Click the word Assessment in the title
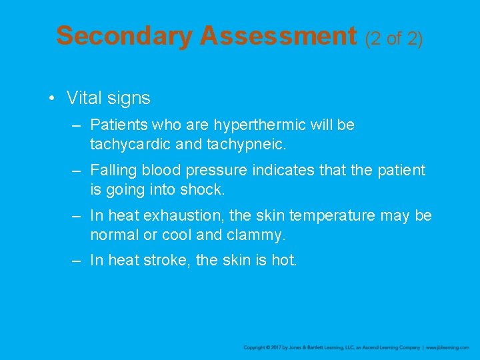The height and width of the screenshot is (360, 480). [278, 36]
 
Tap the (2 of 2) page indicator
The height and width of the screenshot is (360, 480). [394, 39]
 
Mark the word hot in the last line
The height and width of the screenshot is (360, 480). [283, 261]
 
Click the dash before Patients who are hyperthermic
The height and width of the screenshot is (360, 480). [77, 125]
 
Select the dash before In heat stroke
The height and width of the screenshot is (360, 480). [77, 261]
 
